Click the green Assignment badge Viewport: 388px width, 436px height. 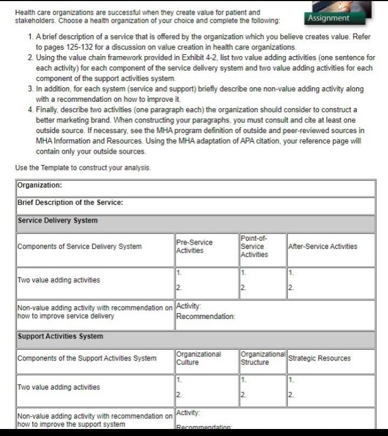point(328,18)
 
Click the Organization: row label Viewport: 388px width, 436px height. point(40,185)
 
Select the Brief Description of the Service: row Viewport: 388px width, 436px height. point(70,203)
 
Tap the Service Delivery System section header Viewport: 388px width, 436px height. point(58,220)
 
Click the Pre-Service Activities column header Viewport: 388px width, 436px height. point(195,246)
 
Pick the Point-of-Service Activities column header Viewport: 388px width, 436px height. point(254,246)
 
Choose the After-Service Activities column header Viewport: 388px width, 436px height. point(323,246)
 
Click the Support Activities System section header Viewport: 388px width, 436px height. point(60,336)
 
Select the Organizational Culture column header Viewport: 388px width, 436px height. point(199,358)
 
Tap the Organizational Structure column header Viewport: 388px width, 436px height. point(262,358)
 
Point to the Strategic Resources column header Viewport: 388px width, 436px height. point(320,358)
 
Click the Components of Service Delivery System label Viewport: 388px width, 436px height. point(80,247)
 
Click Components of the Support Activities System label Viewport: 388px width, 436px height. point(87,358)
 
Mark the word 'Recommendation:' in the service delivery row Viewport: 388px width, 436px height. point(205,316)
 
